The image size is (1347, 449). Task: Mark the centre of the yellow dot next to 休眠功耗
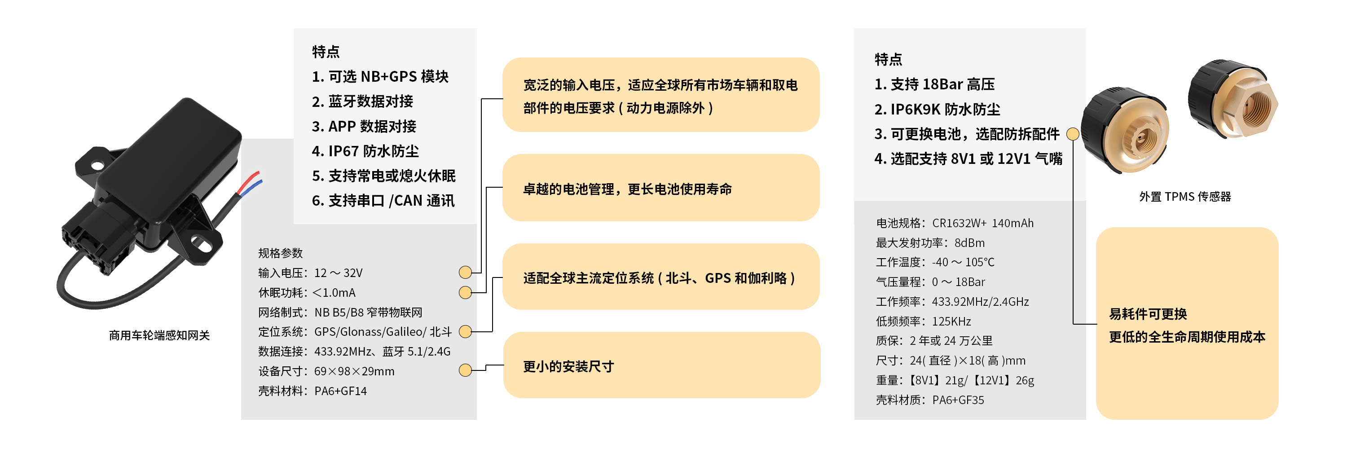465,292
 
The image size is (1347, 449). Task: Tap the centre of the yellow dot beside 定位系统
465,331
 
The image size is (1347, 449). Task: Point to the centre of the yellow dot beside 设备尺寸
465,370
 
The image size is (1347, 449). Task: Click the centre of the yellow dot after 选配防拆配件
1073,134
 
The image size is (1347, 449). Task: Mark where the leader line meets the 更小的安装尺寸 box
504,365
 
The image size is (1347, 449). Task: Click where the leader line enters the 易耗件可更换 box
1096,324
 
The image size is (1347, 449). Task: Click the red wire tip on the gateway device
257,172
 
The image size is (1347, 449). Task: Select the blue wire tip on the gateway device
260,181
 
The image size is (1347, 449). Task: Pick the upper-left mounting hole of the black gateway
97,165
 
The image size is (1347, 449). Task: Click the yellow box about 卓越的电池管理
661,188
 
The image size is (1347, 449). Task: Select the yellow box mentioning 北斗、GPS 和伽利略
661,277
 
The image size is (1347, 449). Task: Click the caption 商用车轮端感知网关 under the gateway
159,335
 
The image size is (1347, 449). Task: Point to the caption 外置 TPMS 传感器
1185,197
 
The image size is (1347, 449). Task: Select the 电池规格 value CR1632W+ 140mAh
982,223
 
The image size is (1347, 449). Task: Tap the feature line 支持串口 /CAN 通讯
392,201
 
